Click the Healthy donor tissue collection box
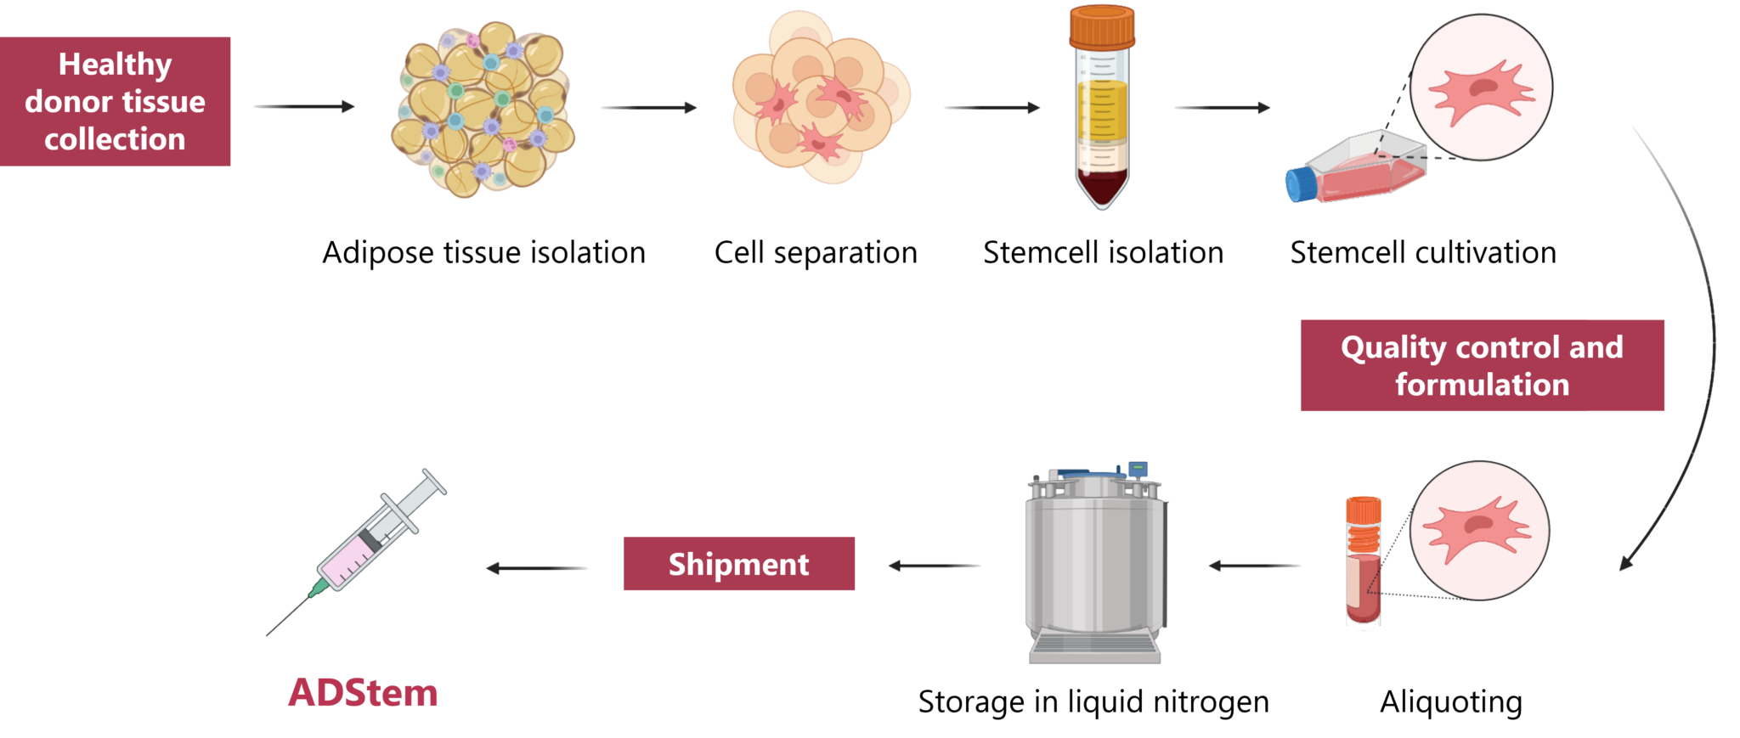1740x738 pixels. pyautogui.click(x=115, y=101)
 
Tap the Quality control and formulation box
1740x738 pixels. pyautogui.click(x=1482, y=365)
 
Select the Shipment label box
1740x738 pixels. pyautogui.click(x=738, y=564)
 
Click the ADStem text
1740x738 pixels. pyautogui.click(x=363, y=694)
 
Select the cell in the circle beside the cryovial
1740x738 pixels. pyautogui.click(x=1478, y=531)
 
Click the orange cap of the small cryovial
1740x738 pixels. pyautogui.click(x=1363, y=512)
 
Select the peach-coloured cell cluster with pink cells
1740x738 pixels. pyautogui.click(x=820, y=98)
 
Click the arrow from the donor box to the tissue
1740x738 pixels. pyautogui.click(x=303, y=107)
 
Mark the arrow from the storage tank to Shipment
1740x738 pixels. pyautogui.click(x=935, y=566)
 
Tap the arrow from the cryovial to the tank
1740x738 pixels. pyautogui.click(x=1254, y=566)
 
